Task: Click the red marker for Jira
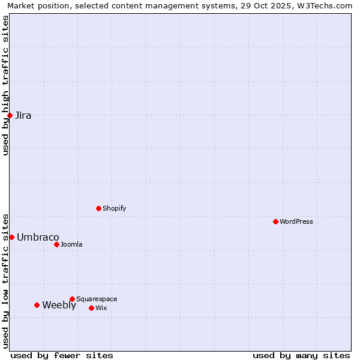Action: pyautogui.click(x=10, y=115)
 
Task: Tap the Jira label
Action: pyautogui.click(x=23, y=116)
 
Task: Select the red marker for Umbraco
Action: pyautogui.click(x=11, y=237)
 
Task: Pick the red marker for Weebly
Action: pyautogui.click(x=37, y=305)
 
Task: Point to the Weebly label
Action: pyautogui.click(x=59, y=305)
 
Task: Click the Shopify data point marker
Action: pyautogui.click(x=98, y=208)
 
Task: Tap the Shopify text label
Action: pyautogui.click(x=114, y=209)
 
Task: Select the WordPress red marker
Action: pyautogui.click(x=275, y=221)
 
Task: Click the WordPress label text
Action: pyautogui.click(x=296, y=222)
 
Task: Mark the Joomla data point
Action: pyautogui.click(x=56, y=244)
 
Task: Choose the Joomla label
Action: pyautogui.click(x=71, y=245)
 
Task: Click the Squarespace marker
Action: pyautogui.click(x=72, y=299)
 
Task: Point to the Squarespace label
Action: pyautogui.click(x=97, y=299)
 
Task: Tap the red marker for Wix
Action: pyautogui.click(x=91, y=308)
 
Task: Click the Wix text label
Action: pyautogui.click(x=101, y=308)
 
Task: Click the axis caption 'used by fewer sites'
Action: pyautogui.click(x=62, y=355)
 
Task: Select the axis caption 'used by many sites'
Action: pyautogui.click(x=301, y=355)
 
